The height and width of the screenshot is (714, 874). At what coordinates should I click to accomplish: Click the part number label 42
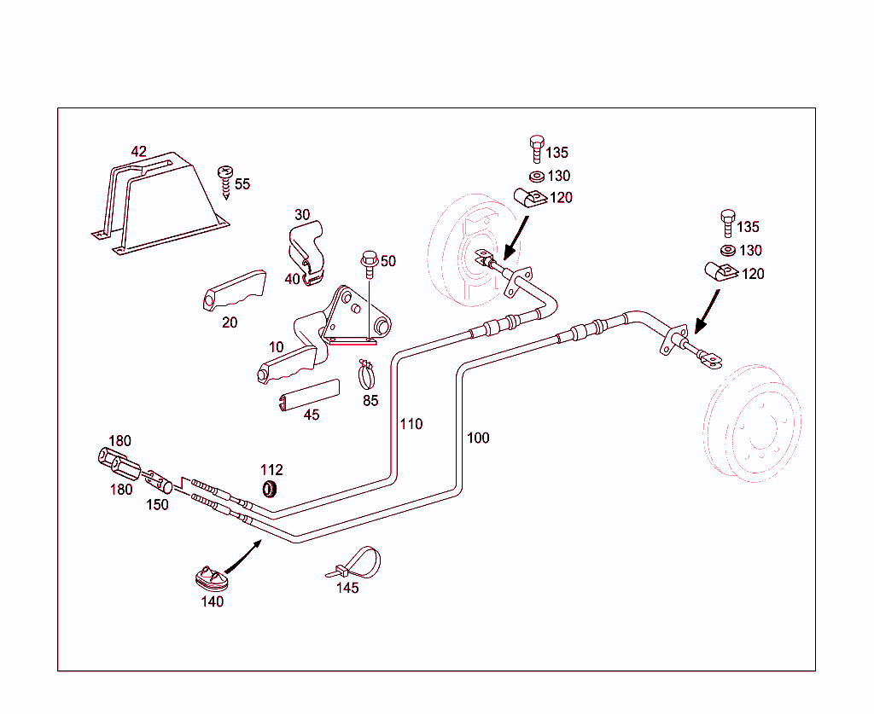click(138, 152)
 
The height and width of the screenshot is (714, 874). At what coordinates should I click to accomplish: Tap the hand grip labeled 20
click(234, 291)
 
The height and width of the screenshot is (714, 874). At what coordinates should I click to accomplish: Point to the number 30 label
click(302, 215)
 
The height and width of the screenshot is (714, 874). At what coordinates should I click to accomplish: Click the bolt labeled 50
click(370, 264)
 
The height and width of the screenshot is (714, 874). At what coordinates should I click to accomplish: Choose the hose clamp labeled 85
click(367, 372)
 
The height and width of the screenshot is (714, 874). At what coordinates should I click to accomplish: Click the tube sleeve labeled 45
click(308, 396)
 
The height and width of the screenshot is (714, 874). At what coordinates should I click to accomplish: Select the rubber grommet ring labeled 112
click(271, 489)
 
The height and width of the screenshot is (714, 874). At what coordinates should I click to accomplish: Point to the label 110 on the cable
click(411, 424)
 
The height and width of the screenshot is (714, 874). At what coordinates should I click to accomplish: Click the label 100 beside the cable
click(478, 438)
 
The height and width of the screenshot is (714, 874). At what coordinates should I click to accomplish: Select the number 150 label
click(157, 504)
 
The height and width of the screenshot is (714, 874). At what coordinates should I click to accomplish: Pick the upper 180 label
click(119, 441)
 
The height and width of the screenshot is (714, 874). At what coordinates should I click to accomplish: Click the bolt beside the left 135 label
click(536, 148)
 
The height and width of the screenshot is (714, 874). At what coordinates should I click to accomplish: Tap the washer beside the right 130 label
click(727, 250)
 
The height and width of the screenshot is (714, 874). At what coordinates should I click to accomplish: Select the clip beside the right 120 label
click(717, 273)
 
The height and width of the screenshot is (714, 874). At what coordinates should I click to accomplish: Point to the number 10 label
click(277, 347)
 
